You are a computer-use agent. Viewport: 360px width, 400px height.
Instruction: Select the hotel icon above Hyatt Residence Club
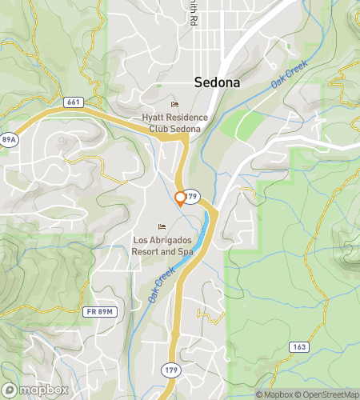click(174, 105)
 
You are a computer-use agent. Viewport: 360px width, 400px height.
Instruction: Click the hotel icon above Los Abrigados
click(162, 226)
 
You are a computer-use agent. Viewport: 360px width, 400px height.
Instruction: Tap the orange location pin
click(180, 198)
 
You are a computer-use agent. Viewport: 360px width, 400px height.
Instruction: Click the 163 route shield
click(298, 346)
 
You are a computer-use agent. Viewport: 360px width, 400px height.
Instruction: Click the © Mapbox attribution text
click(274, 394)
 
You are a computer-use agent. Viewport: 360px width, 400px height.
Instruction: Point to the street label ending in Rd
click(193, 10)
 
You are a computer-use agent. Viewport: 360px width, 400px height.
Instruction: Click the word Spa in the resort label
click(186, 251)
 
